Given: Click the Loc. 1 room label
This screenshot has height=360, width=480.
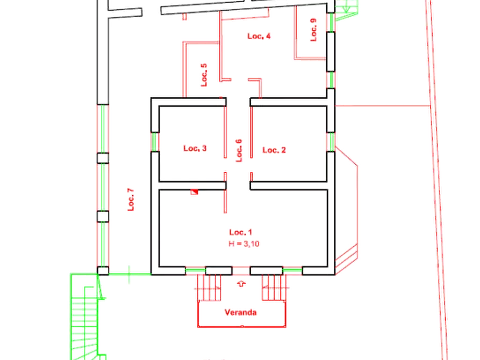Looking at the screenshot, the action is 241,232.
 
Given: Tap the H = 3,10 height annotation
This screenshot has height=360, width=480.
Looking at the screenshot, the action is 244,244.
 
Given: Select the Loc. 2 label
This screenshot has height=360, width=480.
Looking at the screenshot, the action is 274,150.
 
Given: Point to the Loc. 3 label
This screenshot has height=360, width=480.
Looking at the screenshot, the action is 195,148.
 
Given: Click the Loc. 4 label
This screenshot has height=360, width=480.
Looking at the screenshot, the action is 259,36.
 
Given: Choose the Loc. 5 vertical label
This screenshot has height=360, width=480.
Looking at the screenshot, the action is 204,75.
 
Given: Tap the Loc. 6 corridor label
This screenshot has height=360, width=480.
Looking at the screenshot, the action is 239,150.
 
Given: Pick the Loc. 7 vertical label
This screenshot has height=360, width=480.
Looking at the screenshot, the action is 131,199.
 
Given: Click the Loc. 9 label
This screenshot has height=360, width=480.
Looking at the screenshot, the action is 313,30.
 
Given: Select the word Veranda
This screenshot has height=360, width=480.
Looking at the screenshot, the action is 241,313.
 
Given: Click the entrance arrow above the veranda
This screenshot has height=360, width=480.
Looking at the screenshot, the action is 241,284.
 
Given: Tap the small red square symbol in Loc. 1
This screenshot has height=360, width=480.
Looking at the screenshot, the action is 194,192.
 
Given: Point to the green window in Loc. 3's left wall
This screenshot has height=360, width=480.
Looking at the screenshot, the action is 155,141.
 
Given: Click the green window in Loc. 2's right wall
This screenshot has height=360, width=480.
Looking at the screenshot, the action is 331,141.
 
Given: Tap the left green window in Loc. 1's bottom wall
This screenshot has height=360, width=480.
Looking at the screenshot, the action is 195,271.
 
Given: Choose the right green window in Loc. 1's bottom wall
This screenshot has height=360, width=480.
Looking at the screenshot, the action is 292,271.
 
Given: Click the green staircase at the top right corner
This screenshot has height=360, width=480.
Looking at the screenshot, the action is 346,10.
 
